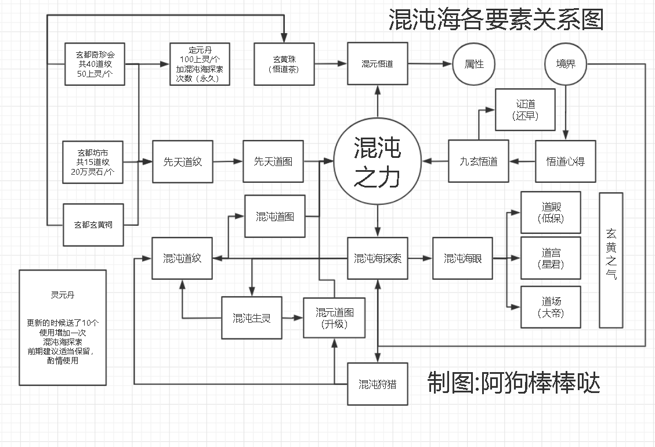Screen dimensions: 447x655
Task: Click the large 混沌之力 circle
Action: click(x=377, y=161)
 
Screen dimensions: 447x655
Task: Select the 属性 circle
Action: click(x=474, y=64)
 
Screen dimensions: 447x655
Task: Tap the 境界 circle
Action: click(x=566, y=64)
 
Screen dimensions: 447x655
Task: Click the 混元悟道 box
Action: click(x=377, y=64)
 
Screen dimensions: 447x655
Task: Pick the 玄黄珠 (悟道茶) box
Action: click(x=284, y=64)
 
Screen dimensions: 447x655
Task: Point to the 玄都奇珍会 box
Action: click(x=95, y=64)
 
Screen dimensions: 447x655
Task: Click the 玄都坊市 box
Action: click(x=93, y=161)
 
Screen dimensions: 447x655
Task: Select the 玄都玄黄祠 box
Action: click(x=93, y=224)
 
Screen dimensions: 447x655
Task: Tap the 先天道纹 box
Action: click(x=182, y=161)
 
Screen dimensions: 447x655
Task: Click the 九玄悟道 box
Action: click(x=479, y=161)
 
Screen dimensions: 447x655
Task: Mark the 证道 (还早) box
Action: click(x=525, y=110)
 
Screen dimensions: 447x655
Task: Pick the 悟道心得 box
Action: click(x=566, y=161)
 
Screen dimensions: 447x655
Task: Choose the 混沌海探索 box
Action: click(x=377, y=258)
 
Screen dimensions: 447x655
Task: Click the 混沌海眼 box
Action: click(x=463, y=258)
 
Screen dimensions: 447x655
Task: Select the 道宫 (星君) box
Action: click(x=551, y=258)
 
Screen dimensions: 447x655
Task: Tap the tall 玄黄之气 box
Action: click(x=611, y=260)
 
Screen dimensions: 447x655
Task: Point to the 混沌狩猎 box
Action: click(x=377, y=384)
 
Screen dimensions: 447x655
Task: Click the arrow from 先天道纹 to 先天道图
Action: click(x=228, y=162)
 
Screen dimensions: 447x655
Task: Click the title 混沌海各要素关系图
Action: click(x=496, y=20)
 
